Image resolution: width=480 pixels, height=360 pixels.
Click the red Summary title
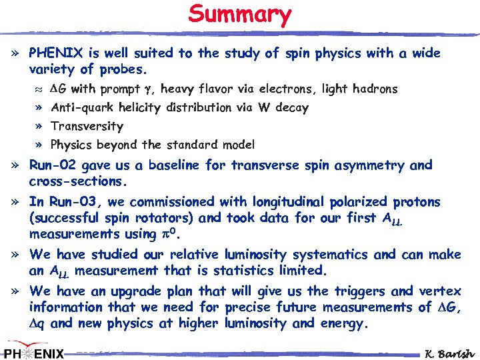(x=240, y=15)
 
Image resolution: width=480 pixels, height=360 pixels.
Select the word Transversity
(x=87, y=126)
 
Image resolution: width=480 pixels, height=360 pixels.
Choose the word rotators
(x=168, y=217)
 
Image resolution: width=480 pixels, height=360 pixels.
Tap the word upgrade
(x=143, y=291)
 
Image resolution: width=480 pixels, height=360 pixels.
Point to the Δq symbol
(x=39, y=324)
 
